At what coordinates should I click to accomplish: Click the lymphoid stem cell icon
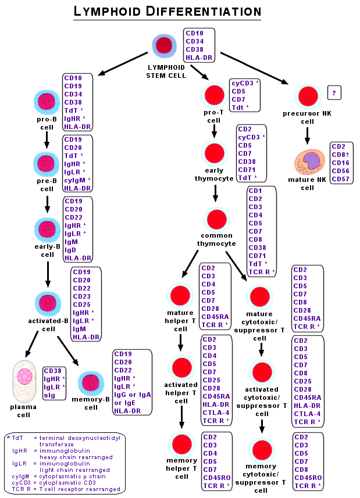[165, 46]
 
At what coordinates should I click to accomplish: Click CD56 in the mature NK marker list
[340, 171]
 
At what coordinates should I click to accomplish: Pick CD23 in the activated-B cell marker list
[81, 296]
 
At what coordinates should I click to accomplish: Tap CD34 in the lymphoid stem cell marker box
[195, 41]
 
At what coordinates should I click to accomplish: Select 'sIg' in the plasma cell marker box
[50, 395]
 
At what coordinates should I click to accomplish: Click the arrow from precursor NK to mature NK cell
[307, 135]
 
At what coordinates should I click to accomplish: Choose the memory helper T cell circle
[181, 444]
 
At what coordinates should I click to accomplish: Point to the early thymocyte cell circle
[214, 152]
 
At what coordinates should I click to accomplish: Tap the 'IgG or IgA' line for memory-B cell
[133, 395]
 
